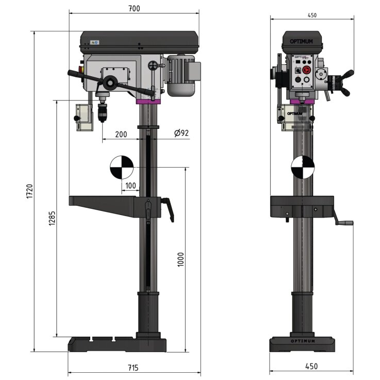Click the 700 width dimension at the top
tap(134, 8)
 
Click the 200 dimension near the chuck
tap(121, 134)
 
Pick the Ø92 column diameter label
tap(181, 133)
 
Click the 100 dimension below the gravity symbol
tap(131, 185)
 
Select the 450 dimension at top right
tap(312, 15)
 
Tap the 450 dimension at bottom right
tap(311, 367)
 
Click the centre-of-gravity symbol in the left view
tap(121, 167)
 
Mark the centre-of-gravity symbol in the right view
tap(302, 167)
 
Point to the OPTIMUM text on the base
tap(302, 341)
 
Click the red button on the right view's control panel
tap(306, 69)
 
